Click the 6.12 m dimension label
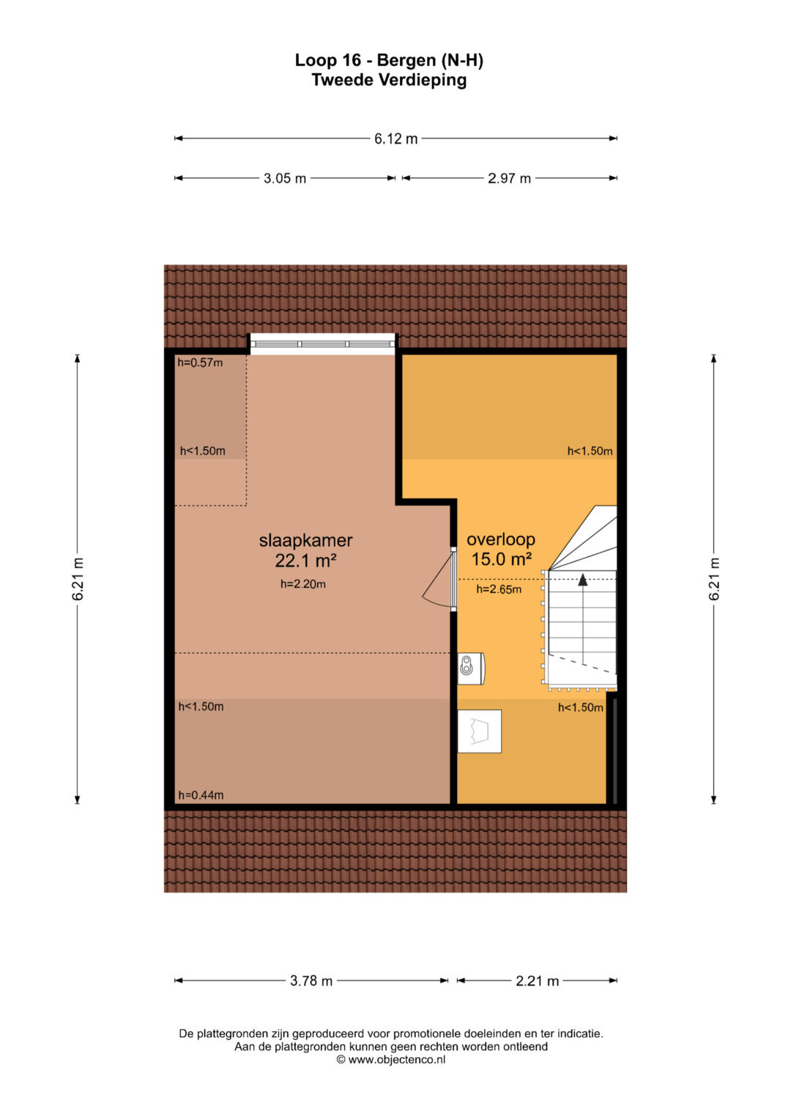click(x=395, y=139)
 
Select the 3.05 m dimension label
click(x=285, y=178)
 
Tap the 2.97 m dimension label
click(x=509, y=178)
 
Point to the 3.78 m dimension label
click(x=311, y=980)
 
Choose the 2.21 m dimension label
click(x=537, y=980)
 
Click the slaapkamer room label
click(x=305, y=540)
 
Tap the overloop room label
click(x=501, y=539)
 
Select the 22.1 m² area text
click(x=305, y=561)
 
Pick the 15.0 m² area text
click(x=502, y=559)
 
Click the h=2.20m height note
click(x=303, y=583)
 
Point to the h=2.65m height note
click(x=499, y=589)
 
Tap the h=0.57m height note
click(x=200, y=363)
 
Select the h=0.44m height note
click(x=201, y=795)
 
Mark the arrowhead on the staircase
click(x=583, y=580)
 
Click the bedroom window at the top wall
click(x=322, y=344)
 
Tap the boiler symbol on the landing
click(x=471, y=668)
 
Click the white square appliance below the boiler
click(x=480, y=731)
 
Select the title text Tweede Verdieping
click(x=389, y=80)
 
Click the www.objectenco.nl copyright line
click(x=391, y=1060)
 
